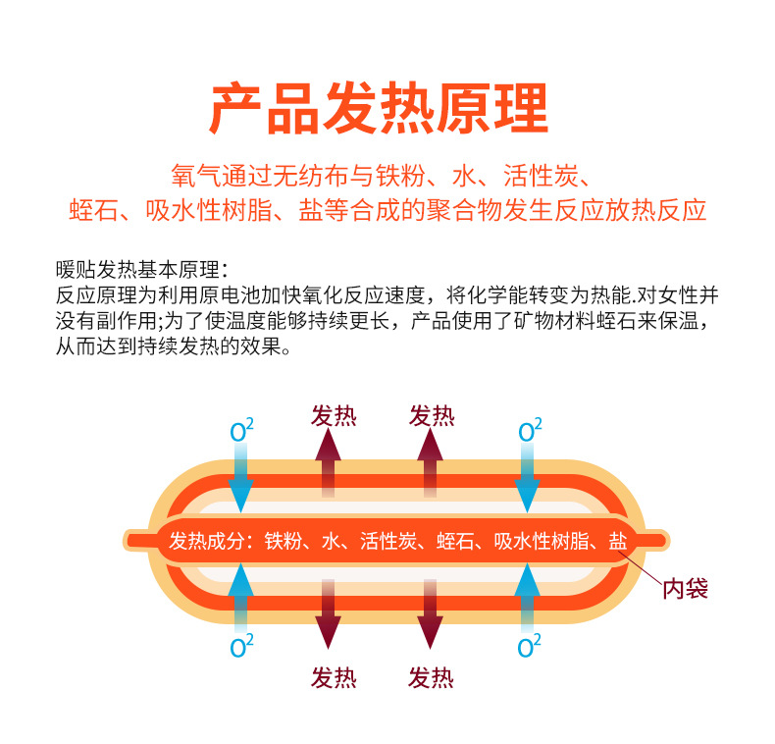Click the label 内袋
685,588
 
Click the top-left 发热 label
334,416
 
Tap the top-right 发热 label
432,416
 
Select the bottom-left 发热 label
334,677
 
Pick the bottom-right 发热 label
432,677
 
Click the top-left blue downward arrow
241,481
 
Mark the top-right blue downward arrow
528,481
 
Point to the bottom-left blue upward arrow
241,594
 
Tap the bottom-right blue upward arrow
528,594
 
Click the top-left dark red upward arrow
328,466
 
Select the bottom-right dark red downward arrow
430,613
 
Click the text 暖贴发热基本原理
142,269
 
